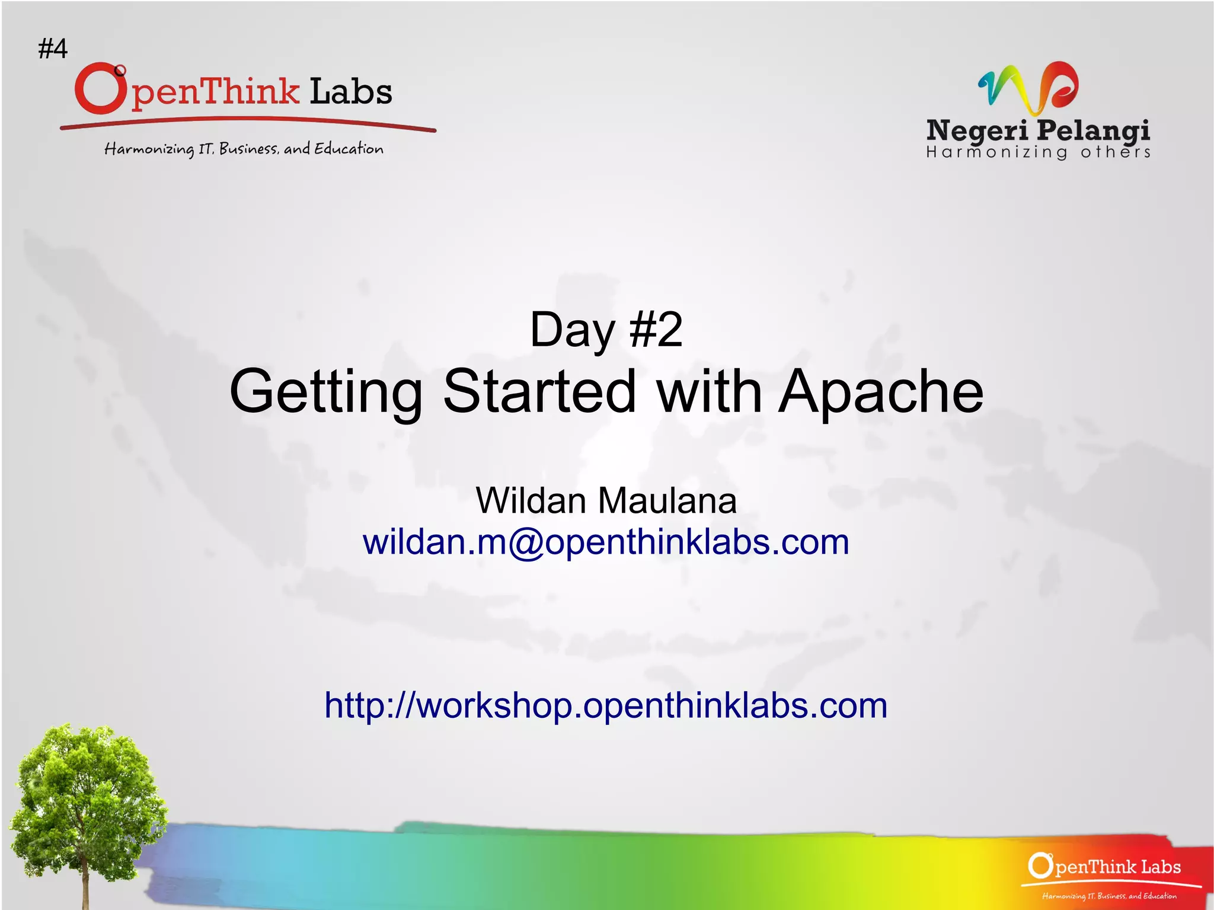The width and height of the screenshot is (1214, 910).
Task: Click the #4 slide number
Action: click(53, 48)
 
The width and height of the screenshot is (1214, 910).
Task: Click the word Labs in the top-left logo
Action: click(350, 92)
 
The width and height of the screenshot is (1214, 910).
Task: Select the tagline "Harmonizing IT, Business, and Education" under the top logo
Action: click(244, 148)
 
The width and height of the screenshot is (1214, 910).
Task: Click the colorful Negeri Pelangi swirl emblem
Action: click(1028, 87)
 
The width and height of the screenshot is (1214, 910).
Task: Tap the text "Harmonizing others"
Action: click(1038, 153)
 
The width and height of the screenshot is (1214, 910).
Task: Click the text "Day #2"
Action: click(606, 330)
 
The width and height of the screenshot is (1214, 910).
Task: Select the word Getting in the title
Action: click(325, 392)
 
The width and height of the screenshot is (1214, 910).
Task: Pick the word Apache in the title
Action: click(880, 392)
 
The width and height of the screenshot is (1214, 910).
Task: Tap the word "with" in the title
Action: click(709, 392)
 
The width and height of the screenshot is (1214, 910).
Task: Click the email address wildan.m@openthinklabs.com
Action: click(606, 542)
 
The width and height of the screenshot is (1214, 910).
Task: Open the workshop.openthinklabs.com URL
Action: click(606, 705)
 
